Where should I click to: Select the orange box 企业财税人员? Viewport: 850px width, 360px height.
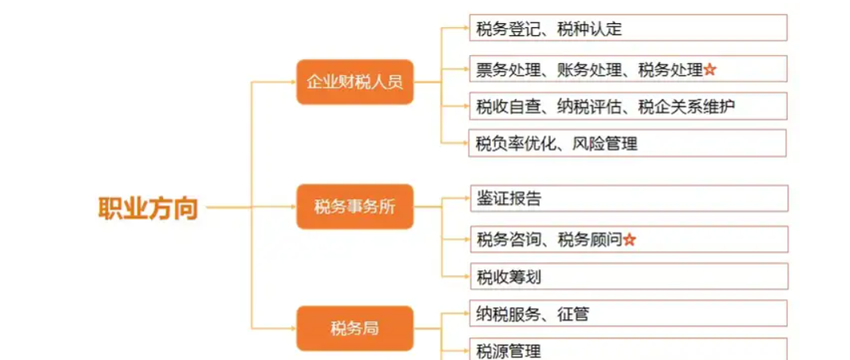(x=355, y=82)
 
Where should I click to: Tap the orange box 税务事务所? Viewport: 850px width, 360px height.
(x=355, y=206)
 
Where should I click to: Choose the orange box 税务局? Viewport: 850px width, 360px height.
(x=355, y=328)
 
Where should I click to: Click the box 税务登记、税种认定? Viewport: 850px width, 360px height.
(x=627, y=29)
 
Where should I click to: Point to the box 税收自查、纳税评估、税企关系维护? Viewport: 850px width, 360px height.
(x=627, y=106)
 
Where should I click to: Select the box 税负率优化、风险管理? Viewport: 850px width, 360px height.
(x=627, y=144)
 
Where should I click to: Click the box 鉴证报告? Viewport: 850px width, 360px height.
(x=627, y=198)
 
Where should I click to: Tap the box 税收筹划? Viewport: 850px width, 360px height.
(x=627, y=277)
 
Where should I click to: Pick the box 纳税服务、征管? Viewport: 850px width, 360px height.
(x=627, y=314)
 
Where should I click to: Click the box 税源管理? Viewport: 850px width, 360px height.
(x=627, y=350)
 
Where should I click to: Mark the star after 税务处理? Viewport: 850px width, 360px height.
(x=710, y=70)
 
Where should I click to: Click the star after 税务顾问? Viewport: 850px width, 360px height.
(x=629, y=238)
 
